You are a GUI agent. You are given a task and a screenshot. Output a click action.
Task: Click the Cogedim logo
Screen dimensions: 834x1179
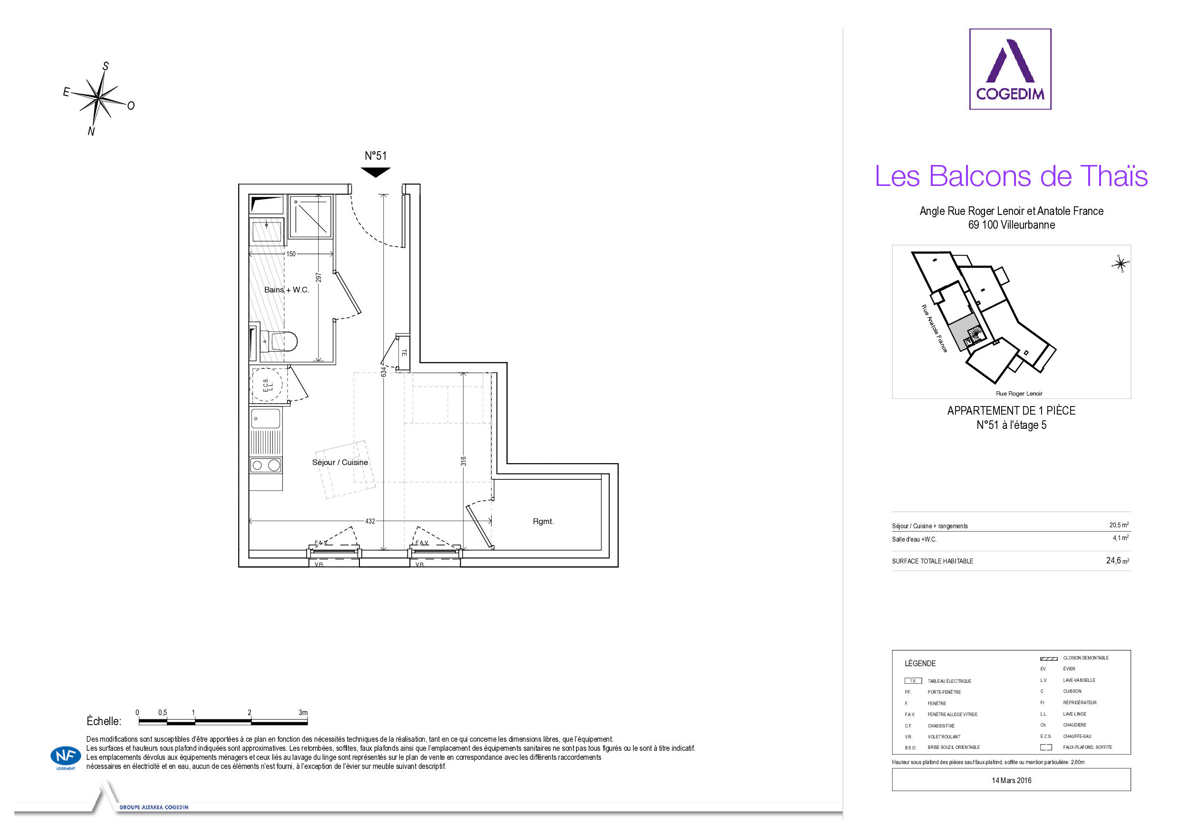(x=1010, y=69)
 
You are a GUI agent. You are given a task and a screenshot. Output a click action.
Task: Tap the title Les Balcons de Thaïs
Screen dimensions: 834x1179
(x=1011, y=176)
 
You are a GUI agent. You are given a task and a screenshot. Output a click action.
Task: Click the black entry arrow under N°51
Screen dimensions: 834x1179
(x=376, y=172)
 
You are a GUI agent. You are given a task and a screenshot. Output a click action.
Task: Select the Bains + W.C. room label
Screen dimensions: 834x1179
(x=287, y=290)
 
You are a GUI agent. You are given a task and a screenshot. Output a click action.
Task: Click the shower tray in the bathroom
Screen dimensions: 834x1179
(x=310, y=216)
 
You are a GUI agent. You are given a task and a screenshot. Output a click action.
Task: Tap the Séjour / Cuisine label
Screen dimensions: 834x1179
(x=340, y=462)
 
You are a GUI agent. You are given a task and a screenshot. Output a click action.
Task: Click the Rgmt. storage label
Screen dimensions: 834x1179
(x=543, y=521)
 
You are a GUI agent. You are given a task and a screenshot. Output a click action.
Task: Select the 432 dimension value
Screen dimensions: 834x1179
(x=370, y=521)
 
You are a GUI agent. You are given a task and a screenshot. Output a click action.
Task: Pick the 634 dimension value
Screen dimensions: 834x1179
(x=384, y=371)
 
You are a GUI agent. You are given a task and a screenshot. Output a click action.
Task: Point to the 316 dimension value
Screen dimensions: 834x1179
(x=463, y=461)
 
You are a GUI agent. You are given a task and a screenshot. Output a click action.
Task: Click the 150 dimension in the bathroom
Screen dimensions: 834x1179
(x=290, y=254)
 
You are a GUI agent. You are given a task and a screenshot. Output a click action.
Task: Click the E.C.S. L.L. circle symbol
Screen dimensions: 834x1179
(x=267, y=385)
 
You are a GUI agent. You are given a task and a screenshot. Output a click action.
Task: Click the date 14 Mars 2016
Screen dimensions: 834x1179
(x=1011, y=780)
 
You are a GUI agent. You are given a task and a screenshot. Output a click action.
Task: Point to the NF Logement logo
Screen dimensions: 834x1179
(x=66, y=757)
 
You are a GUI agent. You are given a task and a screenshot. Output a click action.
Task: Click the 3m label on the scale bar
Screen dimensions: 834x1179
(x=303, y=712)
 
